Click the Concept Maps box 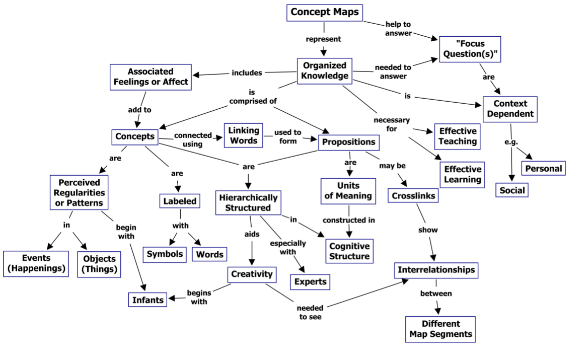tap(325, 12)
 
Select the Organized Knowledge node tap(325, 70)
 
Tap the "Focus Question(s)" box tap(470, 49)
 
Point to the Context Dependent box tap(510, 109)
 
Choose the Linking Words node tap(244, 135)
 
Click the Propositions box tap(349, 142)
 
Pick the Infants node tap(148, 300)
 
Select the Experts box tap(310, 281)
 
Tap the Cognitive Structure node tap(349, 251)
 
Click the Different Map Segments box tap(440, 329)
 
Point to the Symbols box tap(165, 254)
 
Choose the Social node tap(512, 190)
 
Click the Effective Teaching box tap(457, 136)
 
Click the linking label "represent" tap(324, 39)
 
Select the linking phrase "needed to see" tap(310, 312)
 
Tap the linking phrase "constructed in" tap(349, 220)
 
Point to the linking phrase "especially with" tap(287, 248)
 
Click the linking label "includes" tap(247, 73)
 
